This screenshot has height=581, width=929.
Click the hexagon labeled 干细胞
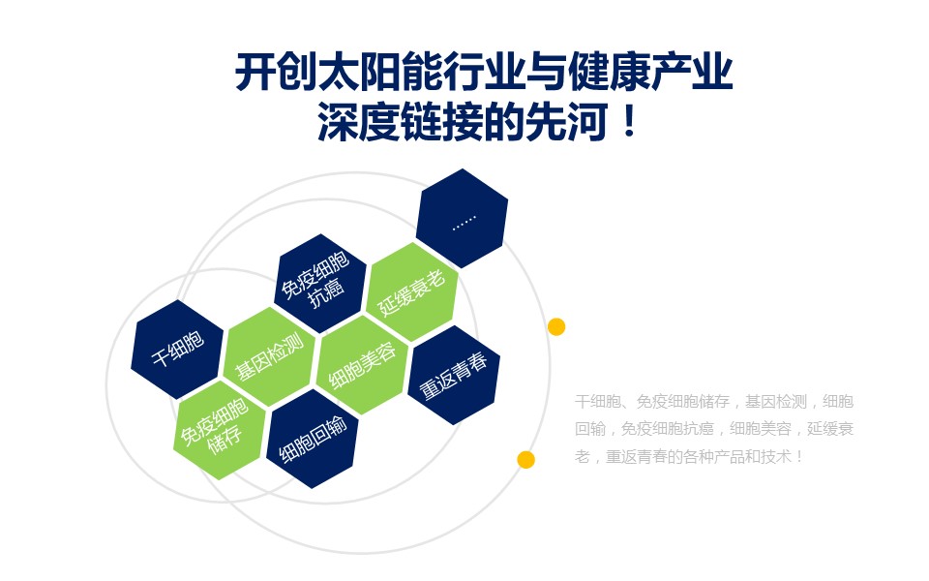(177, 350)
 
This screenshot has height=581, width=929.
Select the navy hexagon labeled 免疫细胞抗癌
(321, 284)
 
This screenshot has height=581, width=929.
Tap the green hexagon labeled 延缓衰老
(412, 292)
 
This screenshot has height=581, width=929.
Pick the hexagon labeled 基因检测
(270, 357)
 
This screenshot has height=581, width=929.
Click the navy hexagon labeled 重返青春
(454, 375)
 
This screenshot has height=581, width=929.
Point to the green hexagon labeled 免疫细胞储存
(220, 430)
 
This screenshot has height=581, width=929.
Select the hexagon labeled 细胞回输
(313, 439)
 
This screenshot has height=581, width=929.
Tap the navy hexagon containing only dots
(463, 218)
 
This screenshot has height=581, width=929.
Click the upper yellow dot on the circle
(556, 326)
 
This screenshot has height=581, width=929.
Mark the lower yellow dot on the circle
(526, 459)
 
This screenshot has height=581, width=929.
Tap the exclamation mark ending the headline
(629, 122)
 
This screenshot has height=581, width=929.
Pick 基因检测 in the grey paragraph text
(776, 402)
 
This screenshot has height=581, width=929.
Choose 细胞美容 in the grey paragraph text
(761, 429)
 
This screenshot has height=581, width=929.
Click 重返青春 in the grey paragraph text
(637, 456)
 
